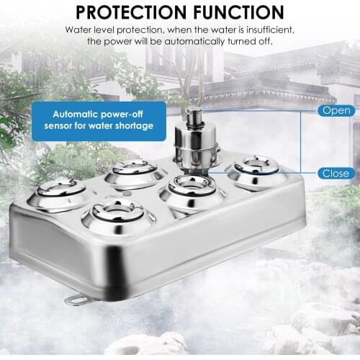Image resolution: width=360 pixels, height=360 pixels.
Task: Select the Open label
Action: point(336,111)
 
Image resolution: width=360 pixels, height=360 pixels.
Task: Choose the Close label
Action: point(336,174)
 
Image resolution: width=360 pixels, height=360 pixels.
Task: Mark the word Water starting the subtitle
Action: point(78,30)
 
